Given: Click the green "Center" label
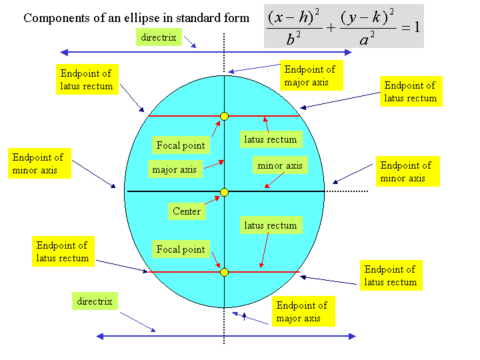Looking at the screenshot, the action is click(187, 211).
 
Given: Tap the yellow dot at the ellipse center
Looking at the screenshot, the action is click(225, 192).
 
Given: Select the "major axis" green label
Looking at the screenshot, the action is click(175, 169).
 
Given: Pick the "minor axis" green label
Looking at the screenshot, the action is click(280, 165).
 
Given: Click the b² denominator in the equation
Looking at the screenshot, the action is click(293, 39).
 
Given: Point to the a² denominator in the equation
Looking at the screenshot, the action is click(367, 39).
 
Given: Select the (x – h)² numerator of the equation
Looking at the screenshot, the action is click(293, 17).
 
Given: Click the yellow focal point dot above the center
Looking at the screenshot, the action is click(225, 116).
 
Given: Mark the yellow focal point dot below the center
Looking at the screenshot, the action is click(225, 272).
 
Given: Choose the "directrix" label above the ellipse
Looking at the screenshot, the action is click(159, 37).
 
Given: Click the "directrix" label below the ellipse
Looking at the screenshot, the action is click(95, 301).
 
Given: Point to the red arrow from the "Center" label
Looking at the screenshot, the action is click(212, 200).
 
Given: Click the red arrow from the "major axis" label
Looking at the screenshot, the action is click(214, 165).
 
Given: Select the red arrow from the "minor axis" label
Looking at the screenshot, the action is click(275, 180).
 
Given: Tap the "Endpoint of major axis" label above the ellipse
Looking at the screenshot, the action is click(311, 75).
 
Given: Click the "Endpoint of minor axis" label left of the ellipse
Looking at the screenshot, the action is click(39, 163).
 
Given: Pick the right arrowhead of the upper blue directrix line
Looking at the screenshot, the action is click(348, 53).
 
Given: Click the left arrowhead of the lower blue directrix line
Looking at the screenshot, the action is click(100, 337).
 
